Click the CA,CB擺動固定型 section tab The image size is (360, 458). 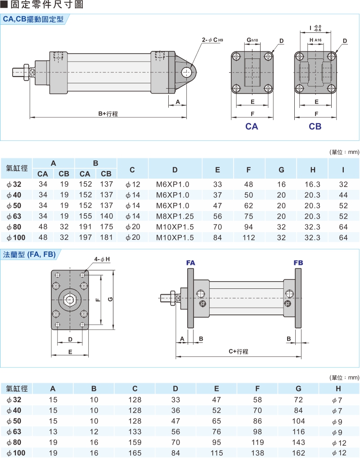pyautogui.click(x=33, y=19)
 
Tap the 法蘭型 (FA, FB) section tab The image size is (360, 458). pyautogui.click(x=29, y=255)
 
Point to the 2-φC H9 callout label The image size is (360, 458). pyautogui.click(x=212, y=40)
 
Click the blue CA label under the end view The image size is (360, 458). pyautogui.click(x=252, y=126)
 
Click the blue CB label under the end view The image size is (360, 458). pyautogui.click(x=315, y=126)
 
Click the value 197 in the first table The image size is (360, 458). pyautogui.click(x=85, y=237)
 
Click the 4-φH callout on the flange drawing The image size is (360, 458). pyautogui.click(x=102, y=259)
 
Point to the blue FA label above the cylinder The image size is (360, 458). pyautogui.click(x=190, y=262)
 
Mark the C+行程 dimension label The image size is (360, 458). pyautogui.click(x=238, y=351)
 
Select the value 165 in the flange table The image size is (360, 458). pyautogui.click(x=135, y=453)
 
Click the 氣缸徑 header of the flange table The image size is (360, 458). pyautogui.click(x=17, y=389)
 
